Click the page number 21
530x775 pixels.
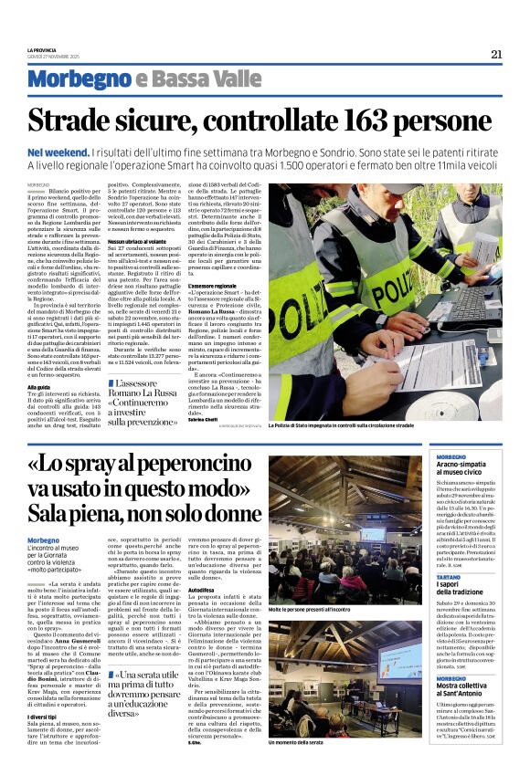[496, 54]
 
